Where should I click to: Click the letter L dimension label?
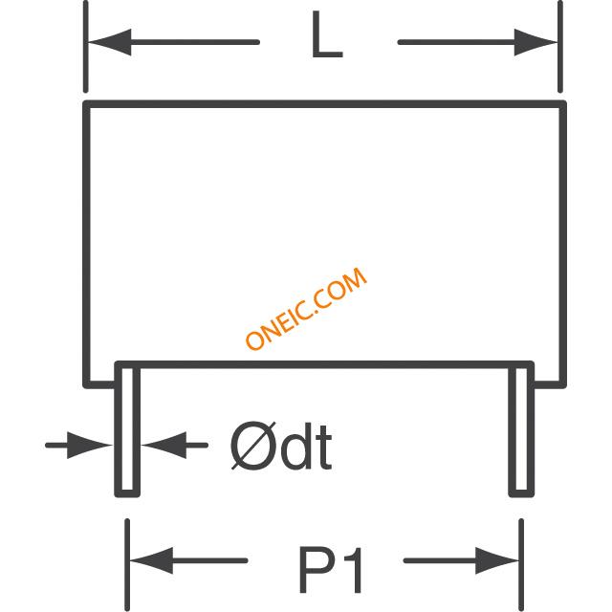pos(327,34)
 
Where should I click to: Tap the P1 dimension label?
pos(331,570)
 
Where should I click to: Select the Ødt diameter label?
pos(281,446)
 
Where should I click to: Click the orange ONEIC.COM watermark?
pos(306,308)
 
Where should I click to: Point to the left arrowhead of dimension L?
pos(110,42)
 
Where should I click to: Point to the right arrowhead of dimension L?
pos(535,42)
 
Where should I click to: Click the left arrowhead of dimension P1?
pos(151,561)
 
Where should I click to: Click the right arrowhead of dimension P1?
pos(497,561)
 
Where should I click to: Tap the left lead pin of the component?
pos(127,429)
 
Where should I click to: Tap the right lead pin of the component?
pos(521,429)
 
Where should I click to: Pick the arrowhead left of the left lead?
pos(89,445)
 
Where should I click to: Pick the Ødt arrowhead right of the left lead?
pos(164,445)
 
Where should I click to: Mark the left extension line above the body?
pos(86,47)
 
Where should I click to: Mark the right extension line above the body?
pos(560,47)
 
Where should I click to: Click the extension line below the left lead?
pos(127,565)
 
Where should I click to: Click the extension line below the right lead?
pos(521,565)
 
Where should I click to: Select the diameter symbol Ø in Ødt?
pos(253,446)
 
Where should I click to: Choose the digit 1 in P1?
pos(353,570)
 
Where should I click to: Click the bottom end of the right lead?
pos(521,495)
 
